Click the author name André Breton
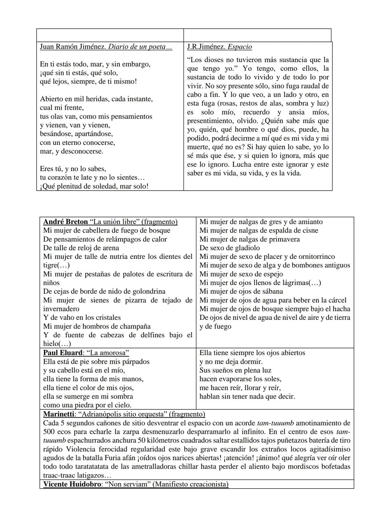[x=65, y=222]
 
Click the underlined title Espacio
[x=240, y=47]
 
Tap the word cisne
[x=308, y=230]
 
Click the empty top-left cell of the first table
[x=110, y=35]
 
